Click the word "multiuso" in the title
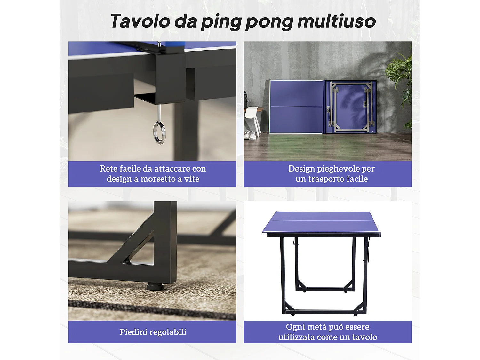point(336,21)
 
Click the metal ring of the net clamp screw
point(159,132)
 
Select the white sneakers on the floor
point(250,135)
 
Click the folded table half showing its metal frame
point(351,107)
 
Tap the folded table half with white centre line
point(296,107)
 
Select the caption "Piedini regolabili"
point(153,332)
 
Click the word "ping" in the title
point(221,22)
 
